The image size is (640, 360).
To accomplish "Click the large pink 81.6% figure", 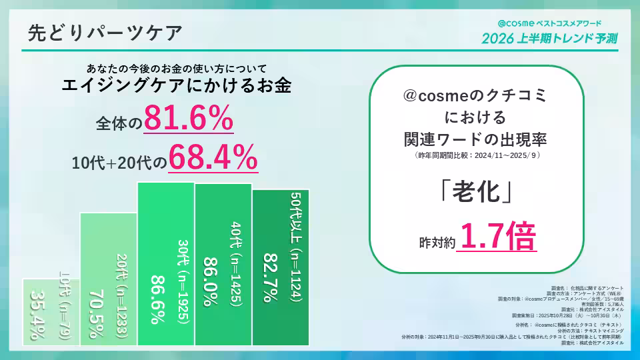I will coord(188,121).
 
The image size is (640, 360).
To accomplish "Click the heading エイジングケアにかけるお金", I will coord(177,86).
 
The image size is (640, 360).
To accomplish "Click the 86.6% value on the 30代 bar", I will coord(156,300).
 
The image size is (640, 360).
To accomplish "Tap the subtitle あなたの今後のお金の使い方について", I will coord(177,68).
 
